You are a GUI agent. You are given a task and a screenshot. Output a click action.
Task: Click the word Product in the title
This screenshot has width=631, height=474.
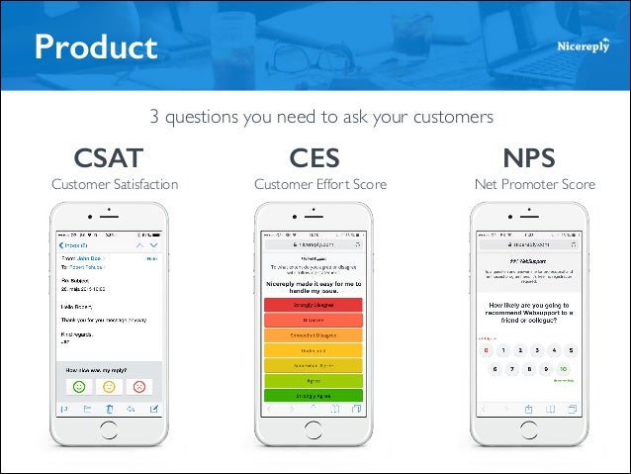96,47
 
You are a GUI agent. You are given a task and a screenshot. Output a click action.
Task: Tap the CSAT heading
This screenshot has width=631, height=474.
109,158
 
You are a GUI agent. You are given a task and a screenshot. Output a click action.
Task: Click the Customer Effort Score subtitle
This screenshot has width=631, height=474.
320,184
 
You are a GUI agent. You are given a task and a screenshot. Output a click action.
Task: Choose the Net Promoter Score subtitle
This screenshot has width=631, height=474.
535,184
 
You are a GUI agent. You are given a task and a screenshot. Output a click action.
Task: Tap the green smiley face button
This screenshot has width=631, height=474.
80,386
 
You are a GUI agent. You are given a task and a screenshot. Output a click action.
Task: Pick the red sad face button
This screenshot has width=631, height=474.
139,386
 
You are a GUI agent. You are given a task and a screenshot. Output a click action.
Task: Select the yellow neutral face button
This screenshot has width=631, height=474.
110,386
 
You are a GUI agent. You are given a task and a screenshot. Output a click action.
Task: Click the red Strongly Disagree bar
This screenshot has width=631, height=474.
314,306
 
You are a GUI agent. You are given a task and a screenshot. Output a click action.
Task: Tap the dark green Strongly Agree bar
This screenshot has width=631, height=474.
314,395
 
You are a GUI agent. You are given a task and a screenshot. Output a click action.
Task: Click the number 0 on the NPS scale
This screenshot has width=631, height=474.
486,350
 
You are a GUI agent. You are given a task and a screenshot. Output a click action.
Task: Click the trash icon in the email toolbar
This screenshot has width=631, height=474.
109,409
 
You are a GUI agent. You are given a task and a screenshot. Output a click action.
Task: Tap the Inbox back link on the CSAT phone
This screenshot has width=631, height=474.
73,243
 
